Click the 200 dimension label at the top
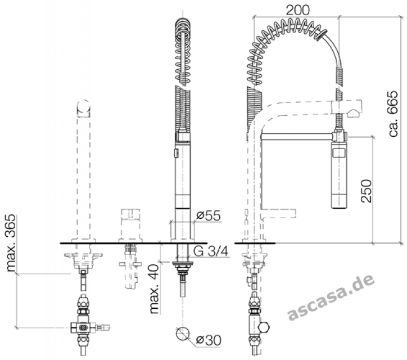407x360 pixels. (297, 10)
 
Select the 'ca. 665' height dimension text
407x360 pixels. (392, 114)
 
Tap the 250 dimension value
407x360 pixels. (367, 191)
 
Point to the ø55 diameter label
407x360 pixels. (209, 215)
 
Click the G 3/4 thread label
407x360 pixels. (211, 251)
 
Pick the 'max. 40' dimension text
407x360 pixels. (154, 289)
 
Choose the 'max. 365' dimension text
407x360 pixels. (11, 243)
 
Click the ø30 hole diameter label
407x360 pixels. (208, 340)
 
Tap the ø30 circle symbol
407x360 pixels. (183, 334)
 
